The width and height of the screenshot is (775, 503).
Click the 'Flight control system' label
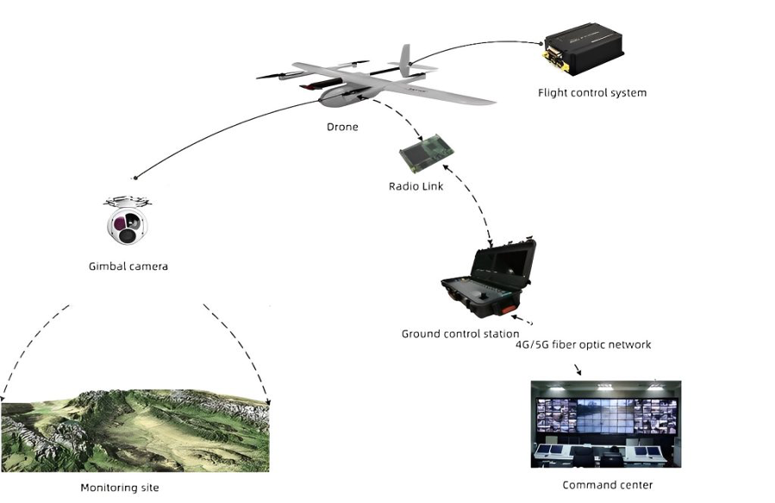tap(592, 92)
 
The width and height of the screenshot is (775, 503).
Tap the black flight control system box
tap(584, 48)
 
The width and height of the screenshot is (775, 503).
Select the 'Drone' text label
tap(342, 127)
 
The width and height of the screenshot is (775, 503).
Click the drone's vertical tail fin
tap(405, 60)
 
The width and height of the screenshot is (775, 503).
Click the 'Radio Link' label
tap(416, 186)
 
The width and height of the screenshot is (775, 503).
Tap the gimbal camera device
tap(127, 220)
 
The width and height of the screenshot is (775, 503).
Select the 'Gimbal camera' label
tap(128, 267)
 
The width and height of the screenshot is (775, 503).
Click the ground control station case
tap(489, 279)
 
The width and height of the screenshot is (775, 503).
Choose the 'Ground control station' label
tap(460, 334)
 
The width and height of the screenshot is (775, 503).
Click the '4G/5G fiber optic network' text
tap(584, 345)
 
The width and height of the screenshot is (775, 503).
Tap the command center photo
tap(606, 424)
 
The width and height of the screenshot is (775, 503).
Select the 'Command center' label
tap(608, 485)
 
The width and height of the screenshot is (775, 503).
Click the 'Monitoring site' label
tap(120, 487)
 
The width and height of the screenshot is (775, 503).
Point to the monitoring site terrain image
tap(135, 431)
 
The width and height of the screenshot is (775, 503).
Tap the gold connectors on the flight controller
tap(552, 57)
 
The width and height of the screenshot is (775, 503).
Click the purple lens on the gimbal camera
tap(120, 223)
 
